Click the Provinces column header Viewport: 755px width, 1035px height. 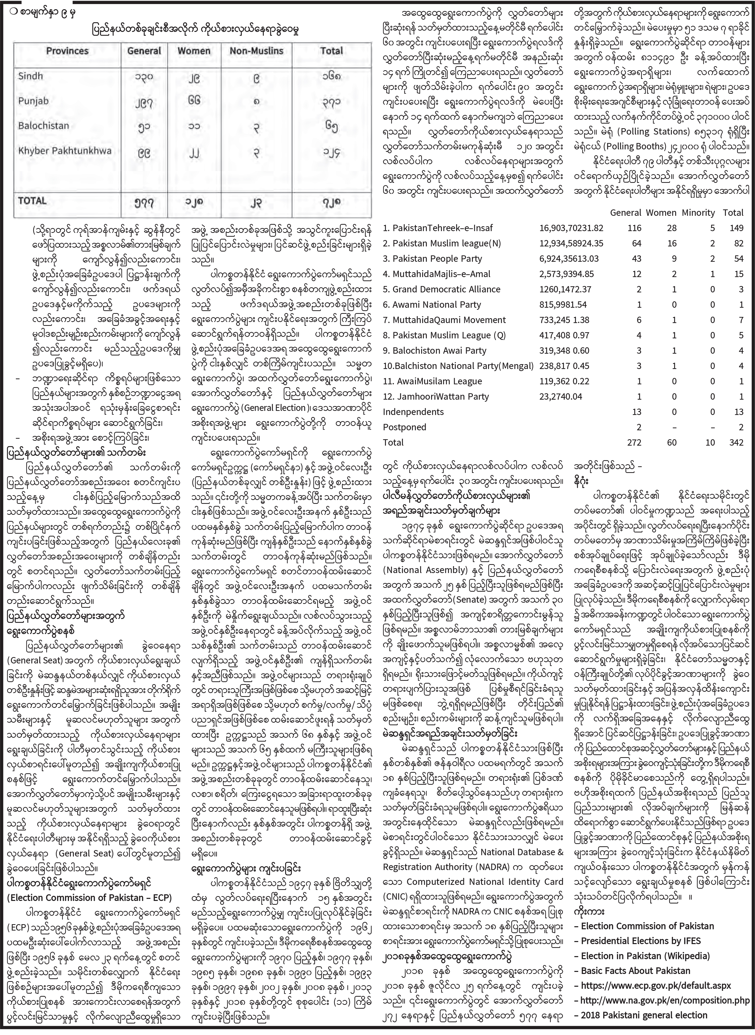click(x=67, y=51)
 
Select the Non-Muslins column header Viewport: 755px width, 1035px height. click(x=256, y=51)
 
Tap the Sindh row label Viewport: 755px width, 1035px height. click(x=30, y=76)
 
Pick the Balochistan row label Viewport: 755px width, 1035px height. click(x=43, y=126)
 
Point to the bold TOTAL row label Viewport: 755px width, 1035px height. click(x=32, y=201)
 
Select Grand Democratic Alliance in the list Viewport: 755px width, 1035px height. click(x=442, y=289)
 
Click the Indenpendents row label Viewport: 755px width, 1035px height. click(x=407, y=412)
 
